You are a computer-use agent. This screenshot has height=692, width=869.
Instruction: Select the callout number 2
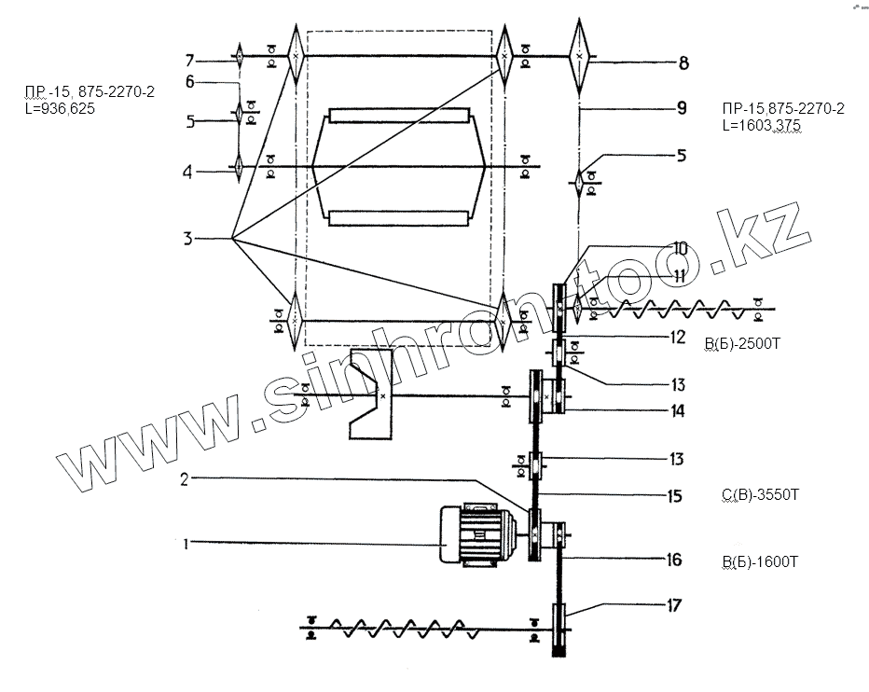coord(186,479)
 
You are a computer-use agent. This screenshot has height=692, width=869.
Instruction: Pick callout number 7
coord(189,61)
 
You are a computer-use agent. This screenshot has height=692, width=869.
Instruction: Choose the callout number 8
coord(683,63)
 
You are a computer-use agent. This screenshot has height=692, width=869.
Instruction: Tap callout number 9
coord(682,109)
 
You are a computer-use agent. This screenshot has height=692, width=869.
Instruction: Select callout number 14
coord(677,410)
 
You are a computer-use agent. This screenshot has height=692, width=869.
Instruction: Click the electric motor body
coord(472,535)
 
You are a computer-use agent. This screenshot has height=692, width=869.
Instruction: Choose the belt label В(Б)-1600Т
coord(759,561)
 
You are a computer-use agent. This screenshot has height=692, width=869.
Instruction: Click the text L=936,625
coord(62,109)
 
